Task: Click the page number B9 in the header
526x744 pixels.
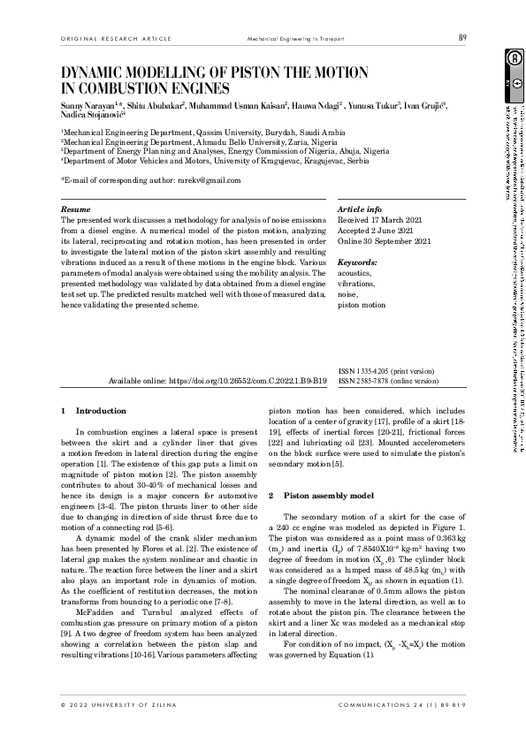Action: (462, 37)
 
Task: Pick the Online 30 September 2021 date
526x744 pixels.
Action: (385, 241)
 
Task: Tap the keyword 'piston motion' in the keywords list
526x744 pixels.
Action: (362, 305)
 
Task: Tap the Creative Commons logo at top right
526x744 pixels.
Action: (511, 58)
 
